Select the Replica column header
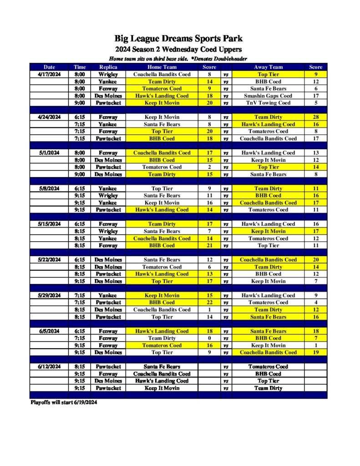point(108,67)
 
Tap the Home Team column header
point(162,67)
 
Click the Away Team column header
point(268,67)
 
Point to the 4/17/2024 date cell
point(49,74)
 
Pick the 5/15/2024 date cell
point(49,224)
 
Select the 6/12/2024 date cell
point(49,366)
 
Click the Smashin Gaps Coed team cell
point(268,96)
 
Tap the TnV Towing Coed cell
point(268,103)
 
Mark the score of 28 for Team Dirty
point(316,117)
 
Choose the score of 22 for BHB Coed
point(209,302)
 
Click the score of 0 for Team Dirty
point(209,338)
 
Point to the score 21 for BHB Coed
point(209,245)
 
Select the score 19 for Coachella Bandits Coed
point(316,352)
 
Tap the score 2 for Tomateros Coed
point(209,167)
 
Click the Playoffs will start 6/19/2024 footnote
point(64,402)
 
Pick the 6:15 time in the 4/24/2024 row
point(80,117)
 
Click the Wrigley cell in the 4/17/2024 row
point(108,74)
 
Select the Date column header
point(49,67)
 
